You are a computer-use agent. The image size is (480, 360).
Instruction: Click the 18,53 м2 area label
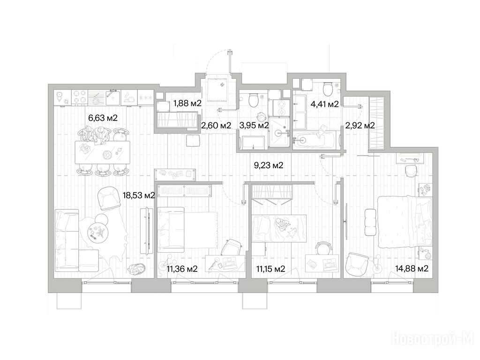click(139, 195)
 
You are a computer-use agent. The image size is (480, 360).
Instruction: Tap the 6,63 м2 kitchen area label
click(103, 118)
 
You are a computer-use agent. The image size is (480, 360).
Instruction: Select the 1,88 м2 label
click(187, 103)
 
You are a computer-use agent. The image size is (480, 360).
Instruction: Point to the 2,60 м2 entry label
click(216, 125)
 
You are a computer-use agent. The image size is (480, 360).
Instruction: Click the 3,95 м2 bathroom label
click(254, 125)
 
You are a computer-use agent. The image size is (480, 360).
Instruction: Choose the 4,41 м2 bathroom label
click(324, 105)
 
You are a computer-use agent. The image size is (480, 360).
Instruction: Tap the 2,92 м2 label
click(360, 125)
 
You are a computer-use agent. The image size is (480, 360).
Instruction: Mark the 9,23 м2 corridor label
click(269, 165)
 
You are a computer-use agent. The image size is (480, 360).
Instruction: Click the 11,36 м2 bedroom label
click(182, 269)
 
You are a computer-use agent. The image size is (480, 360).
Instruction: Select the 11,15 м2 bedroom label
click(270, 269)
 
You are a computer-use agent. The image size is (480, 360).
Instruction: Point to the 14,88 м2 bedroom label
click(412, 269)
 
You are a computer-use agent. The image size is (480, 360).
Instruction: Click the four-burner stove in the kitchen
click(80, 97)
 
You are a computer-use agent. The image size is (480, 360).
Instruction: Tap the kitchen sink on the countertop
click(113, 97)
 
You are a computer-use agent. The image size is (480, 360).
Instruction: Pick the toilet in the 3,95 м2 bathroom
click(254, 100)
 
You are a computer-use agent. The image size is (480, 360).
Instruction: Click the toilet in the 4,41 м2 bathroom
click(328, 89)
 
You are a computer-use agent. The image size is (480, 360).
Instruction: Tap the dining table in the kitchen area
click(102, 152)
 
